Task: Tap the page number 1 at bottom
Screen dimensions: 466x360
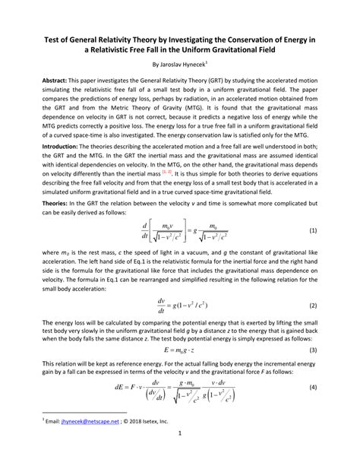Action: pos(180,455)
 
